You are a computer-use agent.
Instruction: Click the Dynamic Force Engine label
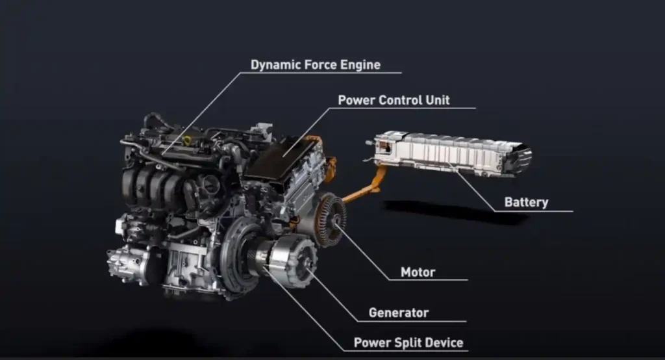tap(316, 65)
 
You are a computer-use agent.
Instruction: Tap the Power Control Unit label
tap(394, 101)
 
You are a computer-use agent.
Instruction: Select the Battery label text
tap(526, 203)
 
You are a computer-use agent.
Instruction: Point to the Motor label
tap(418, 272)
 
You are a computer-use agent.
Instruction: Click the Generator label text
tap(399, 313)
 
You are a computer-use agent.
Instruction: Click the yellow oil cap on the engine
tap(188, 140)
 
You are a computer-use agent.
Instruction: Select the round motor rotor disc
tap(331, 220)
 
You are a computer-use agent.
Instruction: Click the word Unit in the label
tap(436, 101)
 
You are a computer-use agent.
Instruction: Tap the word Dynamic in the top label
tap(272, 65)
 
